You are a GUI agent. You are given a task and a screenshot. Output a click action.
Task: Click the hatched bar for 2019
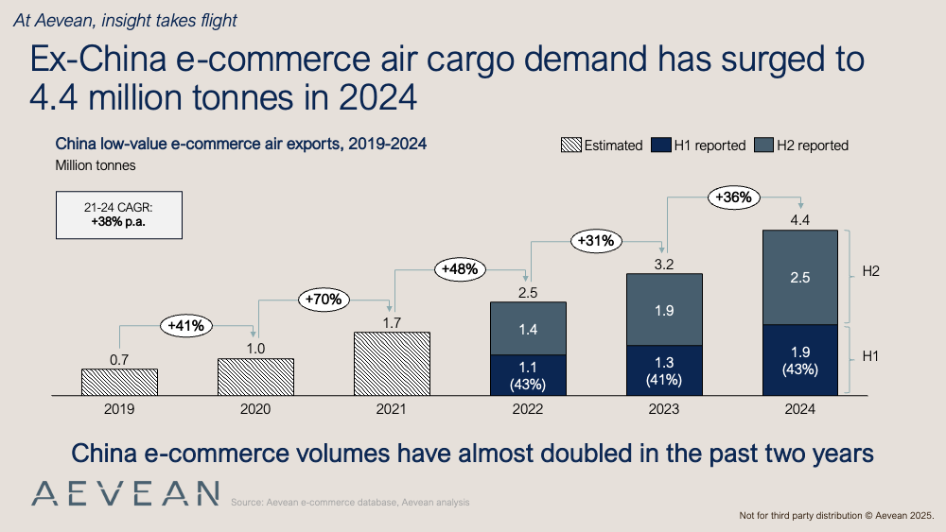point(119,382)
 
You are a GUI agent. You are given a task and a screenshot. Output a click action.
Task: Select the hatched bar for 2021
point(392,363)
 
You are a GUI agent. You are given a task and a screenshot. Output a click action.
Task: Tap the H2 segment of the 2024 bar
point(799,277)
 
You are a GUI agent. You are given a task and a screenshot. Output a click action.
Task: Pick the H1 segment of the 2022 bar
point(527,374)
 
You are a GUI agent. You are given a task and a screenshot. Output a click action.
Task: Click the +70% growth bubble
point(324,300)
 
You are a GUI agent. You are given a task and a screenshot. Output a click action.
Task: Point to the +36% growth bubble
point(734,197)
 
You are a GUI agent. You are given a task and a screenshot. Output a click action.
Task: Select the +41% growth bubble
point(186,325)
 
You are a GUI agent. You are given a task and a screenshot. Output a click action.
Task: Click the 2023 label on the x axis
point(663,409)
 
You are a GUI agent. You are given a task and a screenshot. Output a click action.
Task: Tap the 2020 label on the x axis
point(255,409)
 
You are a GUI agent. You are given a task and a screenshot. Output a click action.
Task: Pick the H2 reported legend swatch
point(762,146)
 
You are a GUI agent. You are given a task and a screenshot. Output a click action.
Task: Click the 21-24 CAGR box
point(118,216)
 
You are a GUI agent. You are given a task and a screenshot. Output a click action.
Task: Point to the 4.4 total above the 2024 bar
point(799,220)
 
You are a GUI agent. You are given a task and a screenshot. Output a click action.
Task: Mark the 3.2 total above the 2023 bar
point(664,265)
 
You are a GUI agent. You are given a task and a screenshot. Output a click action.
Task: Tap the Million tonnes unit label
point(96,165)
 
